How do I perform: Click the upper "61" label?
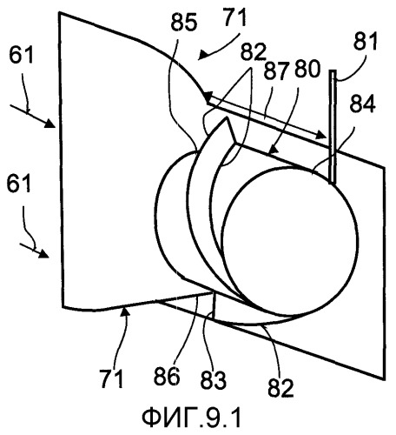(x=21, y=56)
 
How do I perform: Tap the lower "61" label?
(x=18, y=184)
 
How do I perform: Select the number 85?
(x=184, y=23)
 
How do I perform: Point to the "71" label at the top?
(x=234, y=17)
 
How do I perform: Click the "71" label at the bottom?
(x=112, y=378)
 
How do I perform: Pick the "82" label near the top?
(x=253, y=52)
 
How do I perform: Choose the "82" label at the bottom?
(x=280, y=388)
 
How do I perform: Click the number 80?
(x=307, y=69)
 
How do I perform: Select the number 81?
(x=366, y=41)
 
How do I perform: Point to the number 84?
(x=363, y=104)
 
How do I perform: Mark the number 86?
(x=167, y=377)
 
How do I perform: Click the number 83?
(x=214, y=379)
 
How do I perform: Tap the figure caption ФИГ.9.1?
(x=191, y=418)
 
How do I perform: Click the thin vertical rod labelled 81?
(x=333, y=127)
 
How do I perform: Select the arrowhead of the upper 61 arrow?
(x=50, y=124)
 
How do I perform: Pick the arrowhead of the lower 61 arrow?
(x=44, y=253)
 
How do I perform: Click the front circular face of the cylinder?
(x=289, y=241)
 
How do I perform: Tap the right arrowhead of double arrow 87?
(x=323, y=135)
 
